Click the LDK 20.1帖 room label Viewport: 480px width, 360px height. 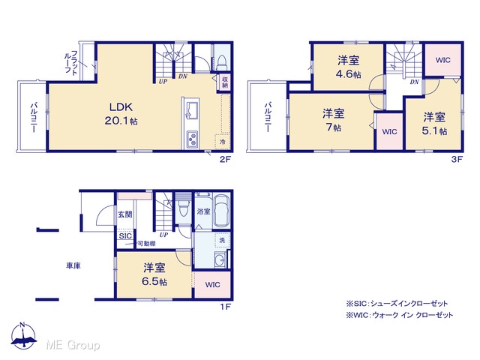point(121,113)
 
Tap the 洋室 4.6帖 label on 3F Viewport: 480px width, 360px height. point(349,67)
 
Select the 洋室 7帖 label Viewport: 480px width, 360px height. point(333,120)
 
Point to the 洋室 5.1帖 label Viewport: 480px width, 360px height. point(434,124)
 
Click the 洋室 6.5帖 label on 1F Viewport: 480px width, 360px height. point(154,274)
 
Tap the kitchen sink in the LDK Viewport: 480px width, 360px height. point(192,109)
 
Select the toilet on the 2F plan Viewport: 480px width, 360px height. point(221,62)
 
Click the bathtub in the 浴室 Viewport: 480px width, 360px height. point(222,211)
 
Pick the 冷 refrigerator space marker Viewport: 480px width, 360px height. point(223,142)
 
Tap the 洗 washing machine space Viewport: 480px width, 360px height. point(222,240)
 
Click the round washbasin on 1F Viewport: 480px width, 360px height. point(220,260)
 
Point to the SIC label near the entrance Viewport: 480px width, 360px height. point(125,236)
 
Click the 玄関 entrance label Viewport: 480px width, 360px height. point(125,214)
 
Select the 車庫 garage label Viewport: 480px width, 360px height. point(73,265)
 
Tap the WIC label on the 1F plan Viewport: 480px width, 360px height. point(212,285)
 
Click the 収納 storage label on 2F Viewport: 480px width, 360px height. point(225,82)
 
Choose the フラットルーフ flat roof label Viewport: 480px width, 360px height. point(71,62)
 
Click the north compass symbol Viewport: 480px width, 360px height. point(23,336)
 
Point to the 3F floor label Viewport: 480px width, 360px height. point(457,159)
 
